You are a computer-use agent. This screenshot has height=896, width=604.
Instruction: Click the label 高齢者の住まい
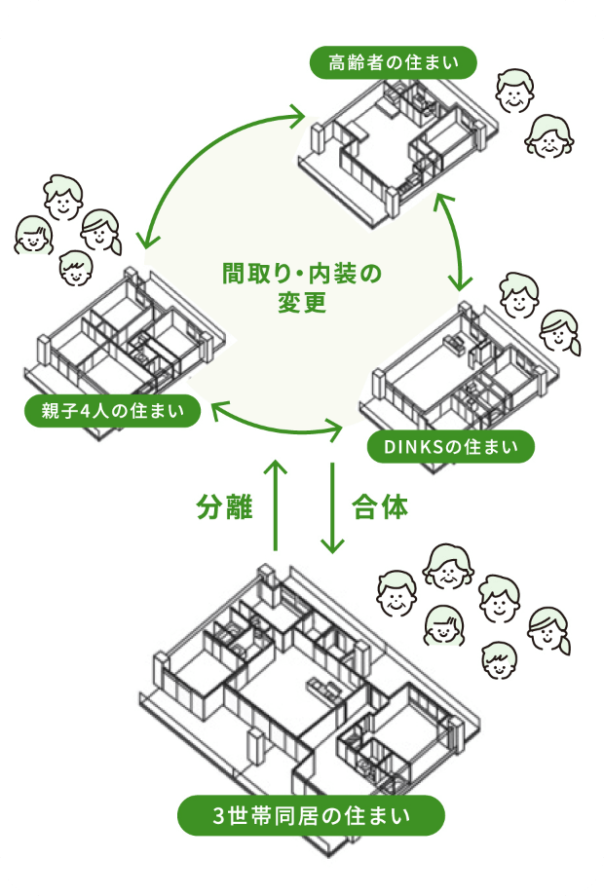coord(394,64)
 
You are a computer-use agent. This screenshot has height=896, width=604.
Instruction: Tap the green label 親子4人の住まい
coord(112,411)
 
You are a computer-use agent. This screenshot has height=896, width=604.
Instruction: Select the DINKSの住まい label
coord(451,447)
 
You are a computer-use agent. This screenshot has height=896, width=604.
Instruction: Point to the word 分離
coord(225,507)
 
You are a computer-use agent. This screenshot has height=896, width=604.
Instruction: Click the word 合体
coord(380,507)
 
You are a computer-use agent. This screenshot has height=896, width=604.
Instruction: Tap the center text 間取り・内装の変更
coord(301,287)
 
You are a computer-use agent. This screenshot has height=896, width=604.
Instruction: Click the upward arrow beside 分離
coord(277,506)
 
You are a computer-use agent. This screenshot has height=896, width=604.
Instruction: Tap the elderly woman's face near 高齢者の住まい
coord(548,137)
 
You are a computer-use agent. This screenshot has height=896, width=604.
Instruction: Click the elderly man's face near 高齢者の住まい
coord(513,92)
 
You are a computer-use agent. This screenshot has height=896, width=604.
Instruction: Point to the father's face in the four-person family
coord(63,198)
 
